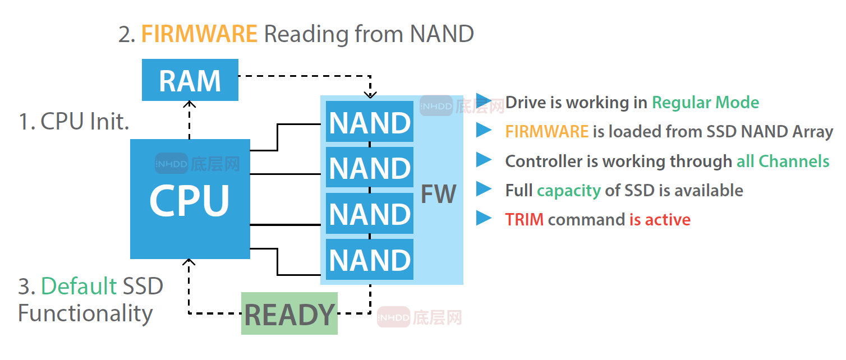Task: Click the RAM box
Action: [190, 80]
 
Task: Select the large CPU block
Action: [190, 199]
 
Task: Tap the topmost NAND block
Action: [370, 122]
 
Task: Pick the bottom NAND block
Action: [370, 260]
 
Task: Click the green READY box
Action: [289, 314]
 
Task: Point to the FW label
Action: [438, 194]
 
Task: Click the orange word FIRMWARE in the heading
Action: [199, 34]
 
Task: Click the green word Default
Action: [79, 287]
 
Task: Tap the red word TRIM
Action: [524, 219]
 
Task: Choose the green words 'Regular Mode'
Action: [705, 103]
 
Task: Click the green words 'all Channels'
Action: [783, 161]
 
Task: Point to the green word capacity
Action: [568, 191]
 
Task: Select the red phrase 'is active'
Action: [660, 219]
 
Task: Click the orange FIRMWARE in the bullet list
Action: [546, 132]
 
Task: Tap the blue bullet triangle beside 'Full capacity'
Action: [484, 189]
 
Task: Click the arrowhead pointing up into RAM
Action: [190, 104]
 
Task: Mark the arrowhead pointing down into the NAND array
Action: [370, 95]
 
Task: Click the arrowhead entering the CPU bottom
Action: [190, 262]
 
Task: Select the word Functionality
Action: [85, 313]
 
